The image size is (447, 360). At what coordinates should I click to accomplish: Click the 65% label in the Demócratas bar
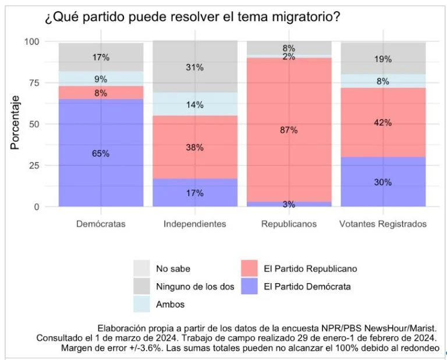pyautogui.click(x=101, y=154)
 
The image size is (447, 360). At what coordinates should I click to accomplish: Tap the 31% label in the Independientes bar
pyautogui.click(x=195, y=68)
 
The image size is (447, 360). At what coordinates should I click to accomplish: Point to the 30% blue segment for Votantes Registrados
pyautogui.click(x=383, y=182)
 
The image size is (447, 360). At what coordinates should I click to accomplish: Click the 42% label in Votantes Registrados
pyautogui.click(x=383, y=123)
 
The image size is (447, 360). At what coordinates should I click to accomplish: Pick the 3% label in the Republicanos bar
pyautogui.click(x=289, y=204)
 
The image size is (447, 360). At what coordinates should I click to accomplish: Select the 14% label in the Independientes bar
pyautogui.click(x=195, y=105)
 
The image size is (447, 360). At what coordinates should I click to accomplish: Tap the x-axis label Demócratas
pyautogui.click(x=101, y=224)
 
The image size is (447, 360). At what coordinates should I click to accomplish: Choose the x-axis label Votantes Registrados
pyautogui.click(x=383, y=224)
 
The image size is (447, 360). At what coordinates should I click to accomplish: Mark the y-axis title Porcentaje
pyautogui.click(x=15, y=123)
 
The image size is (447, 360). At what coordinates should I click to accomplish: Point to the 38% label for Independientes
pyautogui.click(x=195, y=148)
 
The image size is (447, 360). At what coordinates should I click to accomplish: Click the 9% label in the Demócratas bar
pyautogui.click(x=101, y=79)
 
